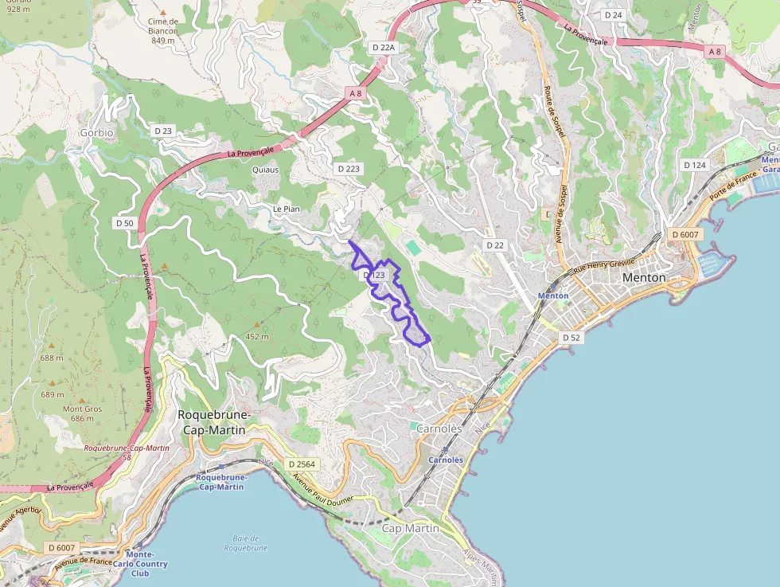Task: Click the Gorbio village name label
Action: coord(96,132)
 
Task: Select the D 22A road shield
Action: coord(384,48)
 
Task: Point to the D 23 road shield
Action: coord(163,130)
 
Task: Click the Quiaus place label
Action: coord(265,170)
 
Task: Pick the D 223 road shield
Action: coord(349,169)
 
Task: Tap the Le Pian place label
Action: coord(286,209)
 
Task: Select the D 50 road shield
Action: coord(124,223)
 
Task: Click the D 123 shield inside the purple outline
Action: coord(374,275)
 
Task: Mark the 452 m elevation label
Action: coord(256,336)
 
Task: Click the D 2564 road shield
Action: coord(302,464)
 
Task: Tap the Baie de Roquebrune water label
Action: coord(246,542)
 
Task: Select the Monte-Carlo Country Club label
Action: coord(140,564)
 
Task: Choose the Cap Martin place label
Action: coord(411,528)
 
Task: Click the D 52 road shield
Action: coord(571,338)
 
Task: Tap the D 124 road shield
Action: coord(695,165)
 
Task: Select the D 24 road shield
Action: coord(613,15)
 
